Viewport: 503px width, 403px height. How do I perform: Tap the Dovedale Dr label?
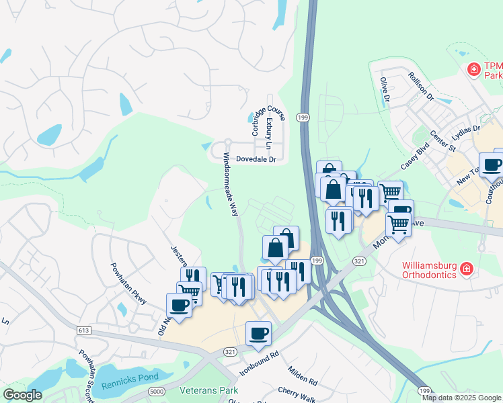(x=254, y=160)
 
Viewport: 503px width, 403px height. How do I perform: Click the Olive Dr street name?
(x=385, y=89)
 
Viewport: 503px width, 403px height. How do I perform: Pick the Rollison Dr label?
(x=422, y=86)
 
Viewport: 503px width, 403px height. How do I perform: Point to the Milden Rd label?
(x=302, y=377)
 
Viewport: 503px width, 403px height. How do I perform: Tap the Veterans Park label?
(x=209, y=390)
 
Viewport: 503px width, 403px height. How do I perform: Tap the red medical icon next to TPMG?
(x=474, y=69)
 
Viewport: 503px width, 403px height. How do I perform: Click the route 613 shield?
(x=84, y=330)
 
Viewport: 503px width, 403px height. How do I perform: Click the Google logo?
(x=22, y=395)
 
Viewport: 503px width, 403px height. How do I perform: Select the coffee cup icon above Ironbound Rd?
(x=259, y=332)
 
